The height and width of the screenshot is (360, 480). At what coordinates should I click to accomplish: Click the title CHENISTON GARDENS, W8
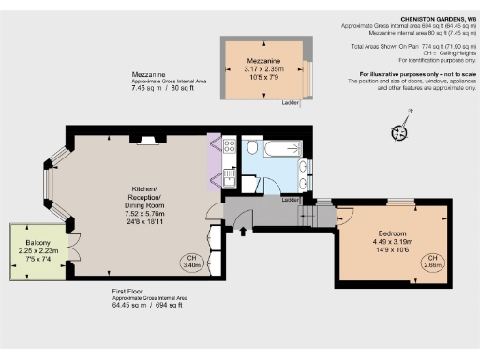436,18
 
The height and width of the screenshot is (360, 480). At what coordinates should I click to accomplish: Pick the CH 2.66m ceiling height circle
433,262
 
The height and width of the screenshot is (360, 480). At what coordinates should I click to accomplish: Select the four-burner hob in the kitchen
229,145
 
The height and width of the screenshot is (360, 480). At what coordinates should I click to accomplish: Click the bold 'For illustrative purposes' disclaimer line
413,73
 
